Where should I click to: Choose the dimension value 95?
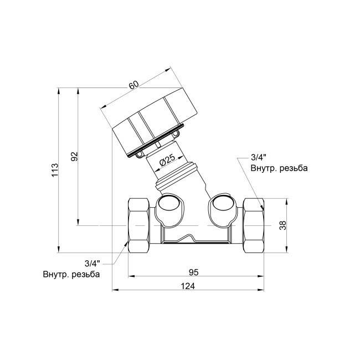[194, 272]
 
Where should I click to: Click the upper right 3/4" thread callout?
[259, 157]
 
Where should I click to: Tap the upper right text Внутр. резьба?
[279, 168]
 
